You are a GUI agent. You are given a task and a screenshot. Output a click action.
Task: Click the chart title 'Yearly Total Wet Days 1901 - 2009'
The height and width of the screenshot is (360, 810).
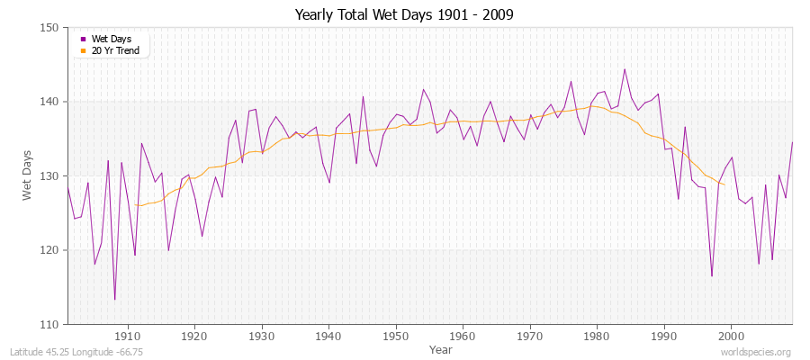pos(404,15)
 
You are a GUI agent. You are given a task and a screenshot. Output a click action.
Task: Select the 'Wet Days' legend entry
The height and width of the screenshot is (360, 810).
pos(110,39)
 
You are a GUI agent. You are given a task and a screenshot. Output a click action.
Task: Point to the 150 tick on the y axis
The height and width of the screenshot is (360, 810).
pos(50,28)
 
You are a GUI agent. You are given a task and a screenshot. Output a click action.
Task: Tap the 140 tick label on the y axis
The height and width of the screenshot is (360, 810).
pos(50,102)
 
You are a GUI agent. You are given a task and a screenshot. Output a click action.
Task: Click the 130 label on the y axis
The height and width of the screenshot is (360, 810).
pos(50,176)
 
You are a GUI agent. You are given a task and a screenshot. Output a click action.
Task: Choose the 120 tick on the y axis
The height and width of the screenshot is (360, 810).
pos(50,250)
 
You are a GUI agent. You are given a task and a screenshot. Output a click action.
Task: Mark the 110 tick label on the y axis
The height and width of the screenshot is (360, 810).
pos(50,324)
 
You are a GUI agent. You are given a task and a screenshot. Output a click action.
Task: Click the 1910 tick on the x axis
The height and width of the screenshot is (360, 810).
pos(128,335)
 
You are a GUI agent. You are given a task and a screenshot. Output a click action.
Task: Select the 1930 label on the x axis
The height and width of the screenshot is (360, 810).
pos(262,335)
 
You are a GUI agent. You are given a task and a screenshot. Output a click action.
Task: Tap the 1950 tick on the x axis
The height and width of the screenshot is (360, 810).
pos(396,335)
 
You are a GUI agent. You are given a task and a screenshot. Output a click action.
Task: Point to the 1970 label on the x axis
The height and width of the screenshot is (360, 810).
pos(530,335)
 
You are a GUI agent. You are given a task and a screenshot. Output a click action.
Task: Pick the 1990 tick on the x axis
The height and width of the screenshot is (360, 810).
pos(664,335)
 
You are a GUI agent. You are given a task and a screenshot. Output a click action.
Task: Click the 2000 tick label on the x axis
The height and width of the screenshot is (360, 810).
pos(731,335)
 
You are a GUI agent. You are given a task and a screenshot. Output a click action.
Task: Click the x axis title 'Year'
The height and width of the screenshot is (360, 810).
pos(441,348)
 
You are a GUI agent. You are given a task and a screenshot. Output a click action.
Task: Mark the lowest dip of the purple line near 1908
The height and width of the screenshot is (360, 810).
pos(114,299)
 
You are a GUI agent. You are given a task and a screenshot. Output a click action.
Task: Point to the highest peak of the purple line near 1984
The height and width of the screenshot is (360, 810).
pos(625,69)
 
